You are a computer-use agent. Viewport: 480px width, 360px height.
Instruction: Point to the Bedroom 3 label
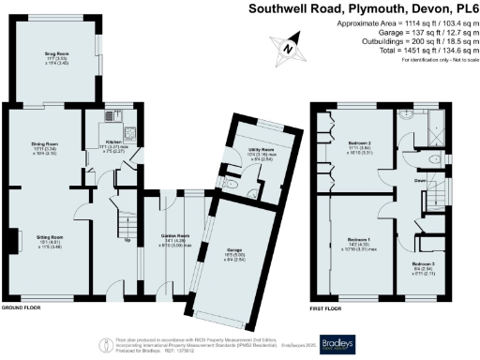(x=422, y=264)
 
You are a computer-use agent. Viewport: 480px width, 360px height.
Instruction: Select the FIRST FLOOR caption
(x=327, y=307)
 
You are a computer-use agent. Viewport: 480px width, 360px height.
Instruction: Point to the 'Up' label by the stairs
(x=127, y=238)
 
